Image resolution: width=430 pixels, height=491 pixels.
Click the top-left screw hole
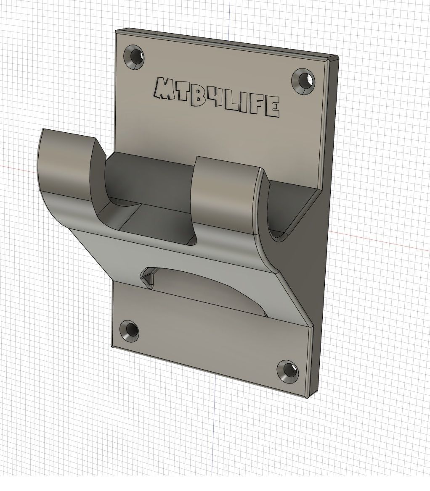click(x=134, y=56)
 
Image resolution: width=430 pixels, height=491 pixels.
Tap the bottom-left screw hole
click(x=130, y=330)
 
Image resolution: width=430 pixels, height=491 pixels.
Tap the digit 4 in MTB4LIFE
click(x=216, y=99)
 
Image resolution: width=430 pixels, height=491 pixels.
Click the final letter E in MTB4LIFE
click(x=271, y=108)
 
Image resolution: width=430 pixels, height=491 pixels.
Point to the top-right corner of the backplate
click(x=337, y=57)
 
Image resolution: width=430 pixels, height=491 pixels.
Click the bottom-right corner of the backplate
click(x=309, y=397)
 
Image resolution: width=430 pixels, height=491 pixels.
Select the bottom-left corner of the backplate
click(x=112, y=347)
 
